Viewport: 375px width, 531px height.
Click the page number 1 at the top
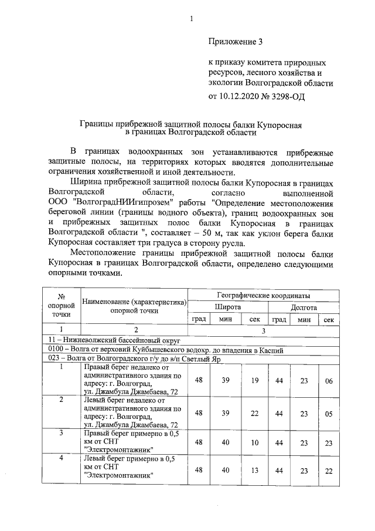(x=191, y=19)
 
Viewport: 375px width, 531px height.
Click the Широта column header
(x=227, y=307)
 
